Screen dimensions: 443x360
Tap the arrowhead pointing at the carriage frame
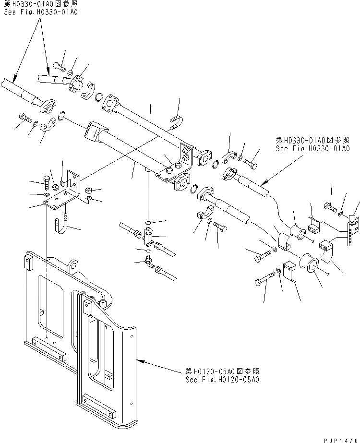pyautogui.click(x=139, y=359)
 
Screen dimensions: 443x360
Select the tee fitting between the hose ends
pyautogui.click(x=149, y=236)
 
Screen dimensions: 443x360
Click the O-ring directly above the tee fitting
pyautogui.click(x=150, y=222)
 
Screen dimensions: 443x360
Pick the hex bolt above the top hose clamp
pyautogui.click(x=59, y=67)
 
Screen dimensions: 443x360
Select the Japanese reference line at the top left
pyautogui.click(x=39, y=4)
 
